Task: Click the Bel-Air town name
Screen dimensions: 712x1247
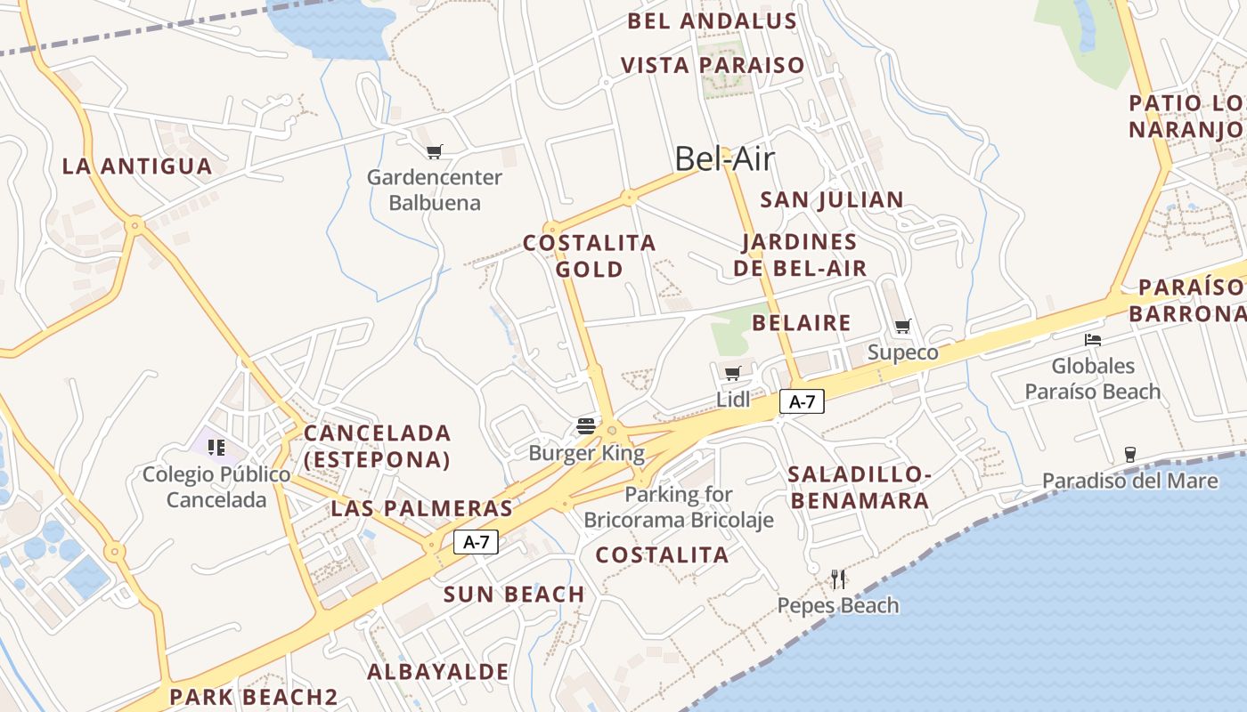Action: point(724,158)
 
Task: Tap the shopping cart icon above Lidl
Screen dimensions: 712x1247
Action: point(732,373)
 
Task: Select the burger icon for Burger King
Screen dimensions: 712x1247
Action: point(585,425)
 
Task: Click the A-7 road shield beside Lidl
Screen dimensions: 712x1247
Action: point(802,401)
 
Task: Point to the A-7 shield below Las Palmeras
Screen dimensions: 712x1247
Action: point(476,541)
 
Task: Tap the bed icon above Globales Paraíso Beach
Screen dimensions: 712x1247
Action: point(1093,339)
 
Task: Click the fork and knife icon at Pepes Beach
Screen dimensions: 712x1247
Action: point(837,579)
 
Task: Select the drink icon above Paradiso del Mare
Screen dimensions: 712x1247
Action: point(1129,455)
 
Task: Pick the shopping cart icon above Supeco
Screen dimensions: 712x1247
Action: point(902,326)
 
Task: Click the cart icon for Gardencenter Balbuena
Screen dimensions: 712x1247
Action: point(434,151)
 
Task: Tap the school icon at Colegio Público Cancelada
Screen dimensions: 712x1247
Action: point(216,447)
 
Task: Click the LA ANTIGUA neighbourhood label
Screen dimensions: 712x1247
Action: point(137,166)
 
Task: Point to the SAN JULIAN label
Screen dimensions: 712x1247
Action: point(832,199)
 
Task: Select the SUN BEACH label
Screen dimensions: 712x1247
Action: point(514,595)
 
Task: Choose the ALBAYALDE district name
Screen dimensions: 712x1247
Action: point(438,672)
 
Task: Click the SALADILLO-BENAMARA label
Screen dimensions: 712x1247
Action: point(860,488)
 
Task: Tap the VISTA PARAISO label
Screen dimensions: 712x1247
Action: point(713,65)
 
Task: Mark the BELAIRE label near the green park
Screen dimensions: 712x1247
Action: point(802,322)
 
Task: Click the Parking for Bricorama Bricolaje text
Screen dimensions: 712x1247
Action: point(679,507)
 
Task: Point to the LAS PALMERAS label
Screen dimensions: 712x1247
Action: point(421,509)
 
